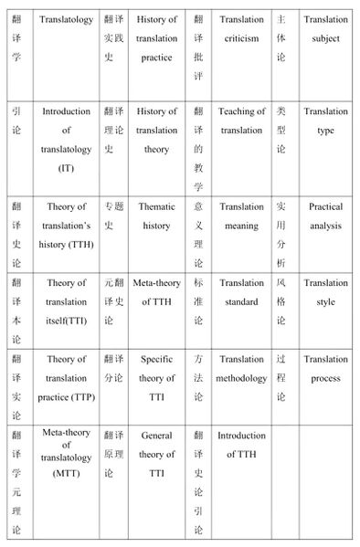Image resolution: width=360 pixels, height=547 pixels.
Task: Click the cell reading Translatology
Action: pyautogui.click(x=67, y=19)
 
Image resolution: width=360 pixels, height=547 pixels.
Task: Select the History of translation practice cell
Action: pyautogui.click(x=157, y=38)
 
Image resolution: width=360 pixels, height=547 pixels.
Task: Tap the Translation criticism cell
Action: pyautogui.click(x=241, y=29)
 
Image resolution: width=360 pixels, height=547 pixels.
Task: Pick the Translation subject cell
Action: pyautogui.click(x=325, y=29)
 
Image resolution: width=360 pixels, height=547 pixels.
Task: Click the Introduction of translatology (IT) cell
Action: pyautogui.click(x=67, y=140)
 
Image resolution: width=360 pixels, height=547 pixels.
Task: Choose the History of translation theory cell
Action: pyautogui.click(x=157, y=131)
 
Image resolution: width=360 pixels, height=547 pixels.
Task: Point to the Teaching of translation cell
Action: pyautogui.click(x=241, y=121)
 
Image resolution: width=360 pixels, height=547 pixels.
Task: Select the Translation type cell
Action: pyautogui.click(x=325, y=121)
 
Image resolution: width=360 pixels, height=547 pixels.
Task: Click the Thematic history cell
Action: pyautogui.click(x=157, y=216)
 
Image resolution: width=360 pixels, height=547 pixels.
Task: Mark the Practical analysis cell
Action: pyautogui.click(x=325, y=216)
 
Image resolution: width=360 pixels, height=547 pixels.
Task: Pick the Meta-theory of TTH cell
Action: pyautogui.click(x=157, y=292)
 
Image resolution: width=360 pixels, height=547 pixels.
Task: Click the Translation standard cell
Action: pyautogui.click(x=241, y=292)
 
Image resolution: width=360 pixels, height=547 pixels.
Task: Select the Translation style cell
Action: pyautogui.click(x=325, y=292)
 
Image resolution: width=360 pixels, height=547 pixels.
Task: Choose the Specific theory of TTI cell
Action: pyautogui.click(x=157, y=378)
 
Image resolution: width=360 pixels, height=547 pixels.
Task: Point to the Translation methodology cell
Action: pyautogui.click(x=241, y=369)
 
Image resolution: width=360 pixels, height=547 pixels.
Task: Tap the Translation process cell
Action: pyautogui.click(x=325, y=369)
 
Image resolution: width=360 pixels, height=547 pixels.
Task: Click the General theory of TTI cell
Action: pyautogui.click(x=157, y=454)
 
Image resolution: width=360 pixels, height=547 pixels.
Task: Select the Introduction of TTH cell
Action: pyautogui.click(x=241, y=445)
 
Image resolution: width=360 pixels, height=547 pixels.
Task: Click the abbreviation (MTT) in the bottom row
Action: pyautogui.click(x=67, y=475)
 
